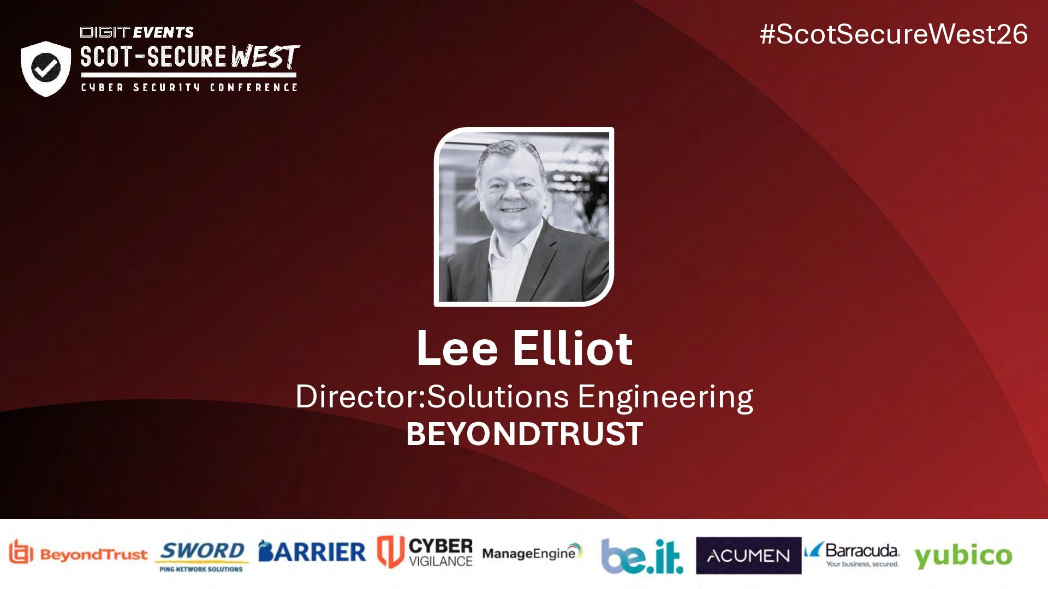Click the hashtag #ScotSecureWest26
(x=894, y=34)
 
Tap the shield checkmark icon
(x=46, y=69)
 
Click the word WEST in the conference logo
(x=265, y=57)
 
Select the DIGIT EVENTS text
(x=137, y=32)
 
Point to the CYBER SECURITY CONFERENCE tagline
(x=189, y=87)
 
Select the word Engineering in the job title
(x=665, y=398)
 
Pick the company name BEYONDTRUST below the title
(x=524, y=434)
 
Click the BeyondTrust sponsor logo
(x=78, y=554)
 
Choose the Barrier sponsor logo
(x=312, y=552)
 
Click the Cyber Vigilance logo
(x=425, y=552)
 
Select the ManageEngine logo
(x=532, y=552)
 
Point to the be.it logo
(x=642, y=556)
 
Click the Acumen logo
(x=748, y=556)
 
